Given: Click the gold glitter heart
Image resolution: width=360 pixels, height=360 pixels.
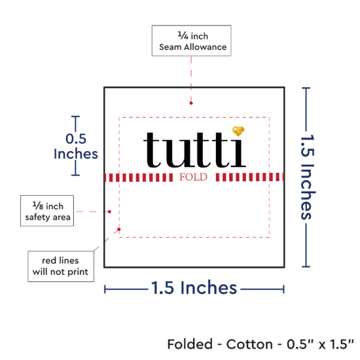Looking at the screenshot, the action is click(238, 131).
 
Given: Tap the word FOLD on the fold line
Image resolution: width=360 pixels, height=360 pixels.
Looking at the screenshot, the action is click(193, 177).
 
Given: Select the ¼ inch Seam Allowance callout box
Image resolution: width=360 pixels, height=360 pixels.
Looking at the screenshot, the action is click(192, 41).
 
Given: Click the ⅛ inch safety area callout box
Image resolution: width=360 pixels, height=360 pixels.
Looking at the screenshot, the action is click(47, 211).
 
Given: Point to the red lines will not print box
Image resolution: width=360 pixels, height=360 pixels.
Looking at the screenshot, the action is click(61, 266).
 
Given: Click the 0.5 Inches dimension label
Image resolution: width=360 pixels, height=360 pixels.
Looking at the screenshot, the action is click(76, 146).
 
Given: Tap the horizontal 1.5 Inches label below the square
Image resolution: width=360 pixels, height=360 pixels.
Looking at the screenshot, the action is click(194, 288).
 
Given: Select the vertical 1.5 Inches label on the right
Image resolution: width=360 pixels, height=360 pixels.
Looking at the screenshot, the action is click(308, 177).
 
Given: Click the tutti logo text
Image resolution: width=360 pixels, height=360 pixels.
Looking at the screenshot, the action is click(194, 150).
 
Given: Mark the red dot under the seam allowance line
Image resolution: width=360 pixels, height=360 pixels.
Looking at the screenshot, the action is click(191, 103).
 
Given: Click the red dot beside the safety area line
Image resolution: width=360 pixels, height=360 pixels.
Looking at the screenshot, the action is click(109, 211).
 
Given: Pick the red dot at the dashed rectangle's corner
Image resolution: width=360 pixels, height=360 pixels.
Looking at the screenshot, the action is click(119, 229).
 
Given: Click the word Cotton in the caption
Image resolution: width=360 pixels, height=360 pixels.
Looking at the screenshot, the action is click(249, 344).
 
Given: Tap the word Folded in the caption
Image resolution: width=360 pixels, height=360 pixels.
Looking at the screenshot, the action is click(190, 344).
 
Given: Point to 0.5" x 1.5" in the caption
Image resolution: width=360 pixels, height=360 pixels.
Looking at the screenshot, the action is click(320, 344).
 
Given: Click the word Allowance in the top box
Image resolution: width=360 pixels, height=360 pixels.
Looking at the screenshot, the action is click(206, 47).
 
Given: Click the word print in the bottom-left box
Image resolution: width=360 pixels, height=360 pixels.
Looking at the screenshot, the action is click(78, 272).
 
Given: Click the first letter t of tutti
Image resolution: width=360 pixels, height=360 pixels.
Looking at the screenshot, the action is click(152, 150).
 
